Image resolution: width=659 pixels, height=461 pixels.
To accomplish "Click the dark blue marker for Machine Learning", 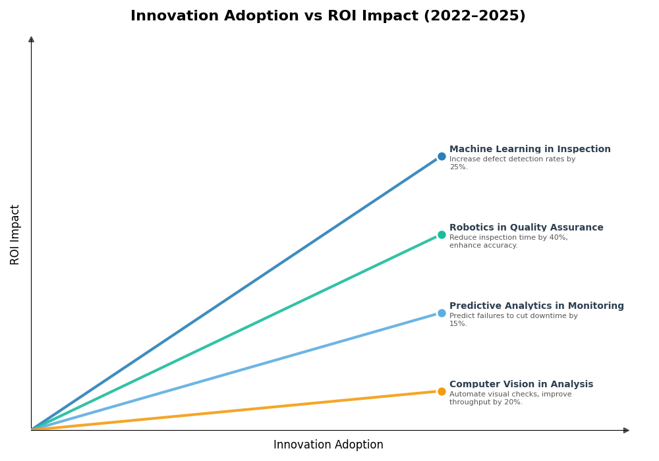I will click(442, 157).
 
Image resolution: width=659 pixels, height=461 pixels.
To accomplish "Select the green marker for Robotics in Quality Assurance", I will click(442, 235).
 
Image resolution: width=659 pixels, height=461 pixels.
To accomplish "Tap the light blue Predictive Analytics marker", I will click(442, 313).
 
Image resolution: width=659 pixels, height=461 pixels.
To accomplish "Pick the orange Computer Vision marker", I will click(442, 392).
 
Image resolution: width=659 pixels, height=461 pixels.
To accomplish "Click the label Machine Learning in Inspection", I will click(530, 149).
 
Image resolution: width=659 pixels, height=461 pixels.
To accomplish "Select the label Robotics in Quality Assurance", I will click(526, 228).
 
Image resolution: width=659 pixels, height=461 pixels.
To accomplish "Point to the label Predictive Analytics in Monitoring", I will click(536, 306).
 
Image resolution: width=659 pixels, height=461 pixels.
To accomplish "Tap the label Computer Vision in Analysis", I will click(521, 385).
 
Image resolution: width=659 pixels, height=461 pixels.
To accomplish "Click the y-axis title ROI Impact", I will click(15, 234).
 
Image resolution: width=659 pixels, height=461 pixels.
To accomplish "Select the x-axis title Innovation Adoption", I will click(328, 445).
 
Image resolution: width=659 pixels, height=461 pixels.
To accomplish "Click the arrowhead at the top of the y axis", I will click(31, 40).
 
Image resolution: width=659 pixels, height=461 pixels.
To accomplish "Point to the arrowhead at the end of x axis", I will click(626, 430).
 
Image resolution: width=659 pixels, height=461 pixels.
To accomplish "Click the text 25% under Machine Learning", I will click(458, 167).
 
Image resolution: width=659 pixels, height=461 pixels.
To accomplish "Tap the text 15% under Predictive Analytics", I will click(458, 324).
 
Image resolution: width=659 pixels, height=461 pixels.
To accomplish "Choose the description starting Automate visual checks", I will click(510, 398).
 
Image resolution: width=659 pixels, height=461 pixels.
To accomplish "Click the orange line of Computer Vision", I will click(237, 411).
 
